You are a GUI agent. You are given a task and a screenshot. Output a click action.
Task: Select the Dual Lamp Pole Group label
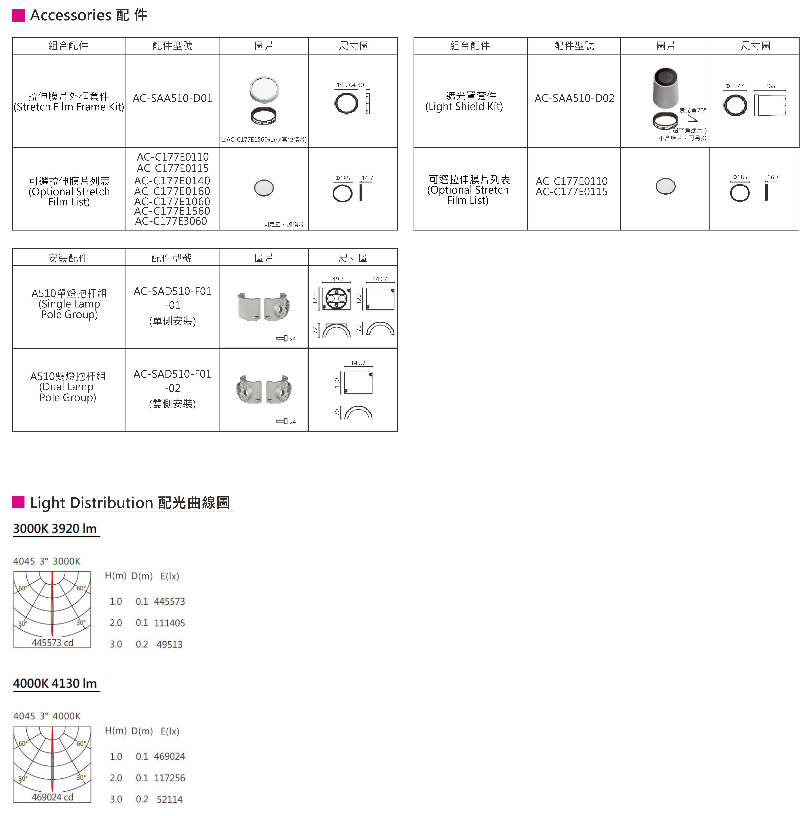click(68, 387)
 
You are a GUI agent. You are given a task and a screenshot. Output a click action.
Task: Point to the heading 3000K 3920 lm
click(55, 529)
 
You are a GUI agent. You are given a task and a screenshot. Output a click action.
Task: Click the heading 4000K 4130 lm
click(55, 683)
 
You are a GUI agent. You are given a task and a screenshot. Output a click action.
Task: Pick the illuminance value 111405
click(169, 623)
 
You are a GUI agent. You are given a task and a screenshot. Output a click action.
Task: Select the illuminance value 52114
click(169, 799)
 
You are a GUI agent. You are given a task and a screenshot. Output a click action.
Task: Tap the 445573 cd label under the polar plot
click(52, 642)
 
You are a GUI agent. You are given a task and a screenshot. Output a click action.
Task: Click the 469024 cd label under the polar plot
click(52, 797)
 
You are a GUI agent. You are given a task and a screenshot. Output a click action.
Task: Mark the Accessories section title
click(89, 15)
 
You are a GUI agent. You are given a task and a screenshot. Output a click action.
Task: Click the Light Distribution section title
click(130, 503)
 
